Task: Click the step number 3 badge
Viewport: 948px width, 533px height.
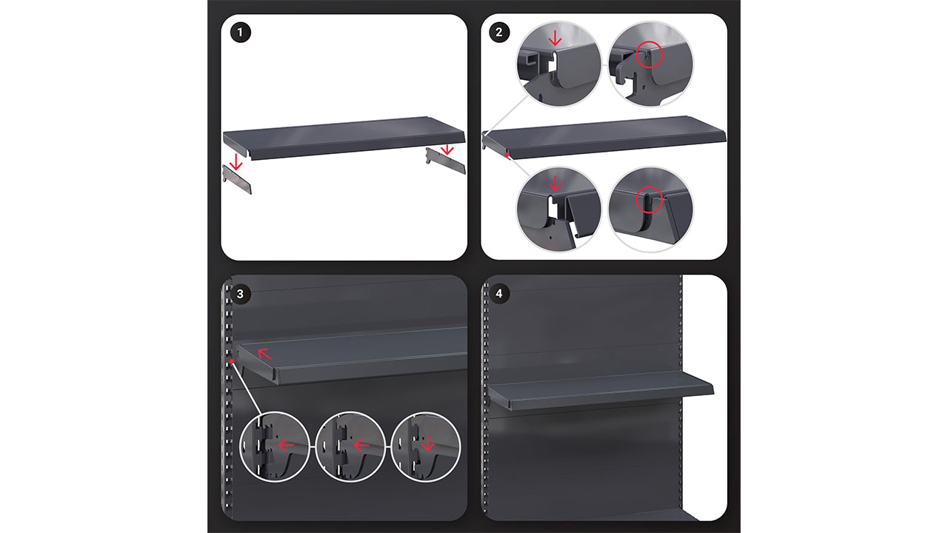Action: point(240,294)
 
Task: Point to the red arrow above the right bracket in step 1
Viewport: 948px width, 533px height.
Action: point(446,150)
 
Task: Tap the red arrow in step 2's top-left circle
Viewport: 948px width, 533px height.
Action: point(555,38)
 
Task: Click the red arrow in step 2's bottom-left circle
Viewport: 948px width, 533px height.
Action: point(555,183)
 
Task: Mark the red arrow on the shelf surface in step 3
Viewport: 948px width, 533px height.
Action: point(264,352)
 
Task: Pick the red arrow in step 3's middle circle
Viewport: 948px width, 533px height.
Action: point(361,446)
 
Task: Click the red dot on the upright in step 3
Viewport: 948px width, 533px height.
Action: point(232,361)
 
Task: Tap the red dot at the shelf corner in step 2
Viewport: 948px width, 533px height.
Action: point(507,155)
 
